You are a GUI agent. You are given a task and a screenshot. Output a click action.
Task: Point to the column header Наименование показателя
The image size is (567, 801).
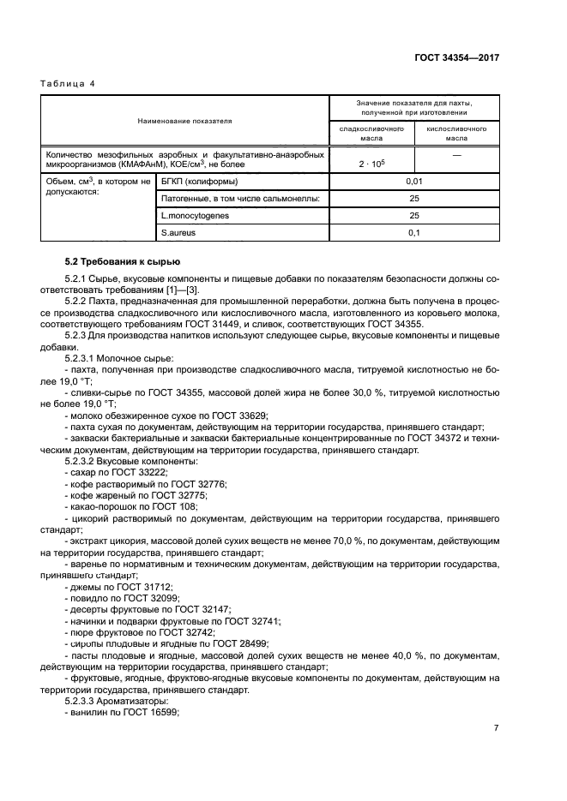(184, 121)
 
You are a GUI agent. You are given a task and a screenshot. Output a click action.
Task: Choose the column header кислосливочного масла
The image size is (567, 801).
(455, 132)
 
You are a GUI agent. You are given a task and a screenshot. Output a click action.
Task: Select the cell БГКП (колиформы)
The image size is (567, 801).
(201, 182)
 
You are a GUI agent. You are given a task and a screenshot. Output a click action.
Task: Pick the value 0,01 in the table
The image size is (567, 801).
(413, 182)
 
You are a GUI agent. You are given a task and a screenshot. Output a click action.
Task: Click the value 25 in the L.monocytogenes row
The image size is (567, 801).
(413, 216)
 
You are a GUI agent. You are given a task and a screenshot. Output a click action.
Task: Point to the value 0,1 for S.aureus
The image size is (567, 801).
(413, 233)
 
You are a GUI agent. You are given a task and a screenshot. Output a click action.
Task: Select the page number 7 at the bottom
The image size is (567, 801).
(496, 728)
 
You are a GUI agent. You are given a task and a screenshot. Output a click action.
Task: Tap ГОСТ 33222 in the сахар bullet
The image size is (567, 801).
(142, 473)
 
